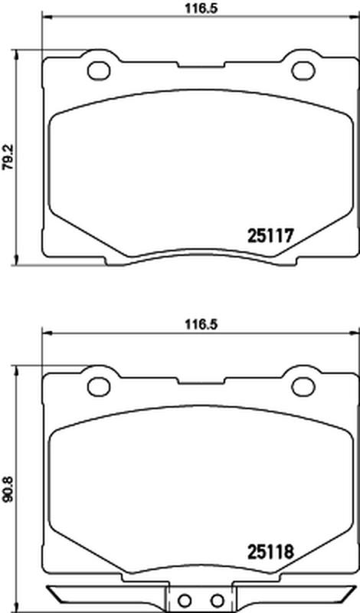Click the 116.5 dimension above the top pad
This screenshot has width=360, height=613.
201,8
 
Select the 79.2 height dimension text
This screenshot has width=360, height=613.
8,157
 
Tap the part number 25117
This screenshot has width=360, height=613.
270,236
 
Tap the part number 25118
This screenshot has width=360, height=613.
270,552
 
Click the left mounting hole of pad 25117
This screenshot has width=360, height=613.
99,71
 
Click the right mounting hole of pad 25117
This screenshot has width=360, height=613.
303,71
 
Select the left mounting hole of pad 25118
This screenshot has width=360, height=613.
99,387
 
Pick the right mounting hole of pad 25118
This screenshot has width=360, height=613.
303,387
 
